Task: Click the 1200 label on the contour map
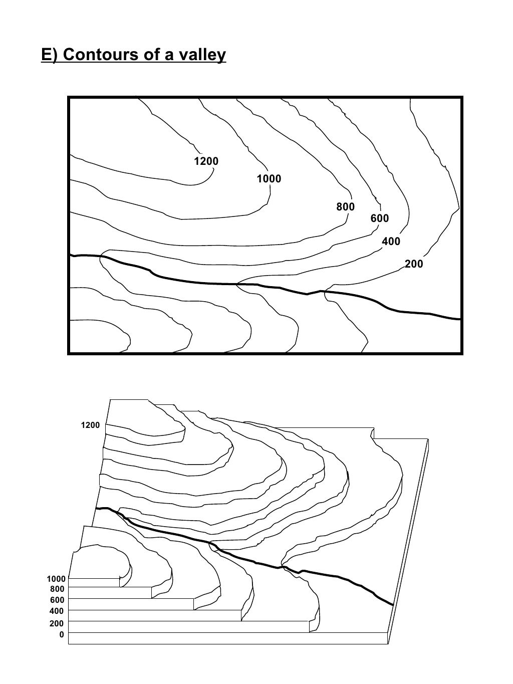tap(206, 161)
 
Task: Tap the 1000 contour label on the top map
tap(269, 179)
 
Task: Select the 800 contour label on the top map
tap(345, 207)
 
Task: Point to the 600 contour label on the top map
tap(379, 218)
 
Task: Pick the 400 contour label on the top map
tap(391, 242)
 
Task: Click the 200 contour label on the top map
tap(414, 264)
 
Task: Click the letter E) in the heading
tap(50, 55)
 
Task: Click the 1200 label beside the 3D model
tap(90, 425)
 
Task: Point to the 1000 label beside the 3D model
tap(56, 579)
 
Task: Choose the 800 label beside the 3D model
tap(58, 589)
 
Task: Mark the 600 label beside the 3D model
tap(58, 600)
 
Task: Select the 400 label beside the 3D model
tap(58, 611)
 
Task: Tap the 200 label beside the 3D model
tap(58, 624)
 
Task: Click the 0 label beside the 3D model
tap(62, 635)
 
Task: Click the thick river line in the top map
tap(200, 283)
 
